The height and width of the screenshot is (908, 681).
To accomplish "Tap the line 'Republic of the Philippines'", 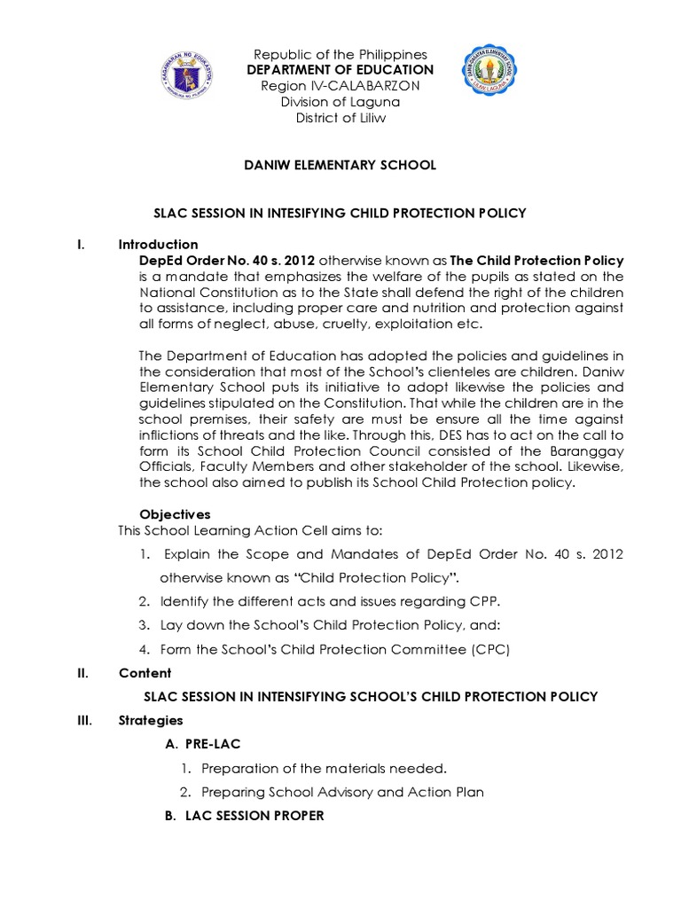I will pos(340,54).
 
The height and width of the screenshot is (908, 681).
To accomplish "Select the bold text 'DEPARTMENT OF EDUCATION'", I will pos(340,70).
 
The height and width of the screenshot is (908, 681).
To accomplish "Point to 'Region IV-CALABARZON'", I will pos(340,86).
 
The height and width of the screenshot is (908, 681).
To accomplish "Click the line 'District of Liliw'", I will pos(340,118).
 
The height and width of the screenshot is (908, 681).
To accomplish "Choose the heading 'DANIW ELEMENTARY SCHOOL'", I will pos(340,165).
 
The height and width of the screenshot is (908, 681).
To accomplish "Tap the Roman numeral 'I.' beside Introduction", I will pos(82,245).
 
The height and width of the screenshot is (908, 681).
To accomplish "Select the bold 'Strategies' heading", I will pos(151,720).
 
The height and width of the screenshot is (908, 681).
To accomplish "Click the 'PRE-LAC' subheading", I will pos(212,744).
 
